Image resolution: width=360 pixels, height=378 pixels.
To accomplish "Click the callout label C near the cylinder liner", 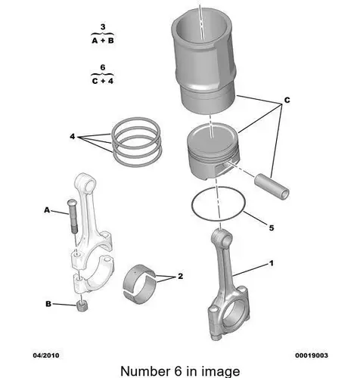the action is tap(287, 100).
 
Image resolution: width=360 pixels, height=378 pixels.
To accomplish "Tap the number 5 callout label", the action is tap(272, 228).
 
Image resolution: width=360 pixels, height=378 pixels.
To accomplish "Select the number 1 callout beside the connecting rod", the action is tap(272, 263).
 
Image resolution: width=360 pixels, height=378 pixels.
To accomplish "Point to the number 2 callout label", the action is tap(180, 276).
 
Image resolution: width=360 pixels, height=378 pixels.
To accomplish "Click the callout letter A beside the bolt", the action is tap(47, 210).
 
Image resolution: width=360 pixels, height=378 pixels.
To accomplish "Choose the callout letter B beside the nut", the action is tap(48, 304).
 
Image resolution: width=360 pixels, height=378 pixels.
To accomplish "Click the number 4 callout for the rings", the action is tap(73, 137).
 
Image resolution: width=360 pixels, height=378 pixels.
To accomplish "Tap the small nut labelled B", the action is tap(82, 306).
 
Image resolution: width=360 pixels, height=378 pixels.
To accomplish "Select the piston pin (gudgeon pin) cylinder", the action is tap(272, 187).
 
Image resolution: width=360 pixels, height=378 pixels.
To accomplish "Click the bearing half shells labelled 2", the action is tap(139, 284).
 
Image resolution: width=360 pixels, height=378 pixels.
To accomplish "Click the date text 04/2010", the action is tap(46, 355).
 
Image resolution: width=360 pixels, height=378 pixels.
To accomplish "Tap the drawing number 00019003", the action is tap(312, 355).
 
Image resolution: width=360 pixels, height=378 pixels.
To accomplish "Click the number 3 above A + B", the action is tap(103, 26).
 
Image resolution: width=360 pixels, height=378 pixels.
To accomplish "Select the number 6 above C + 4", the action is tap(102, 67).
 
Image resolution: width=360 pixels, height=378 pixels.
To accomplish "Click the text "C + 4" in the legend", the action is tap(103, 81).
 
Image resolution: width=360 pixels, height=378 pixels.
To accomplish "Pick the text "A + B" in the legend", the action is tap(103, 41).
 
